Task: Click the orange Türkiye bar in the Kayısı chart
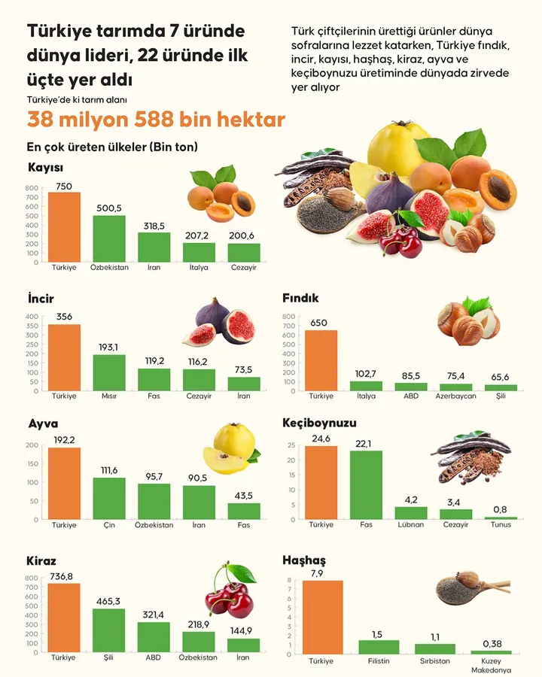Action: coord(64,226)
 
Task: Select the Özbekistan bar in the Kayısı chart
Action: coord(109,238)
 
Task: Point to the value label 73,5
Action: coord(244,369)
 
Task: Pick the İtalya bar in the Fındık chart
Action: coord(366,385)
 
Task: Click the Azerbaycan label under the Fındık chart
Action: coord(455,396)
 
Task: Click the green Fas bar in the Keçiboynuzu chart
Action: coord(366,484)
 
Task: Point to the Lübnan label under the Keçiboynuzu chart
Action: coord(410,524)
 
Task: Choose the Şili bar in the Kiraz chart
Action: coord(109,630)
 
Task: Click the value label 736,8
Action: coord(64,576)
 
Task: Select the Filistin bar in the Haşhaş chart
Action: coord(379,647)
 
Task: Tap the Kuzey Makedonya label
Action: coord(491,665)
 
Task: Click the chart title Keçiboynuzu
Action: coord(319,423)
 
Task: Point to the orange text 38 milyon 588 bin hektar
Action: coord(156,120)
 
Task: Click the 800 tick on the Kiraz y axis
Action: coord(31,578)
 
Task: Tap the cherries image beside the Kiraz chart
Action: coord(229,591)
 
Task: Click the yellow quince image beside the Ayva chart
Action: coord(229,449)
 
